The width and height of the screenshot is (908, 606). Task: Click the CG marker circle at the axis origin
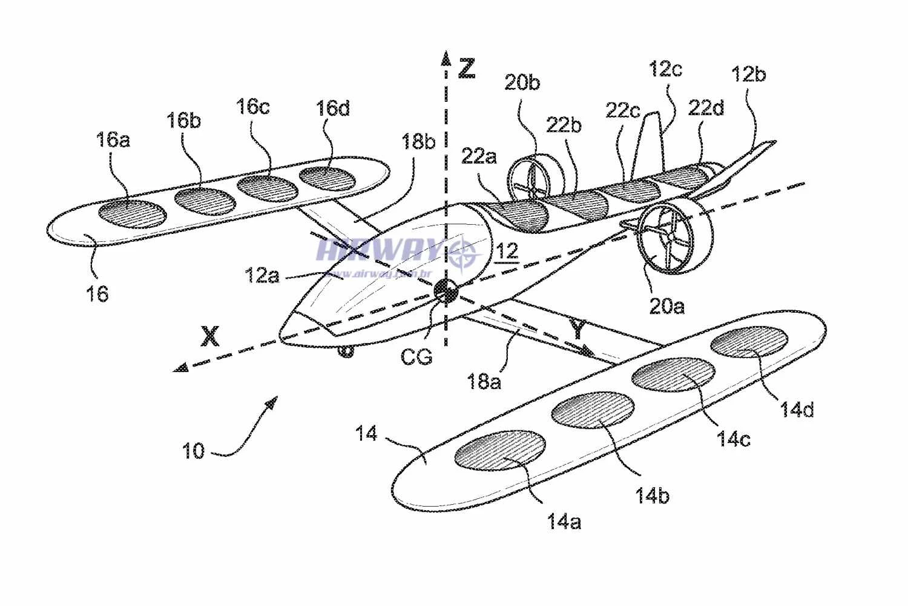point(447,291)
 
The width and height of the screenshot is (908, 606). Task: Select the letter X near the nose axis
point(210,336)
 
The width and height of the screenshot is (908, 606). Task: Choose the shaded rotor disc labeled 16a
point(132,214)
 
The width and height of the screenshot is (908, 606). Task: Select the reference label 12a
point(262,276)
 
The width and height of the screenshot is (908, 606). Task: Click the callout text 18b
point(418,142)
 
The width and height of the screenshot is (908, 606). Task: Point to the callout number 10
point(194,451)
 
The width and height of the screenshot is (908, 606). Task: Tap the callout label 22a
point(479,156)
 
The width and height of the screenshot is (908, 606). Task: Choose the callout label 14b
point(652,496)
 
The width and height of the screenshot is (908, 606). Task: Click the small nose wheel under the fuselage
point(346,351)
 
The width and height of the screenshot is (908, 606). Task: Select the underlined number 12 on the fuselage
point(507,251)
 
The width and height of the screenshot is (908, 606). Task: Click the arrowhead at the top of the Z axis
point(446,58)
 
